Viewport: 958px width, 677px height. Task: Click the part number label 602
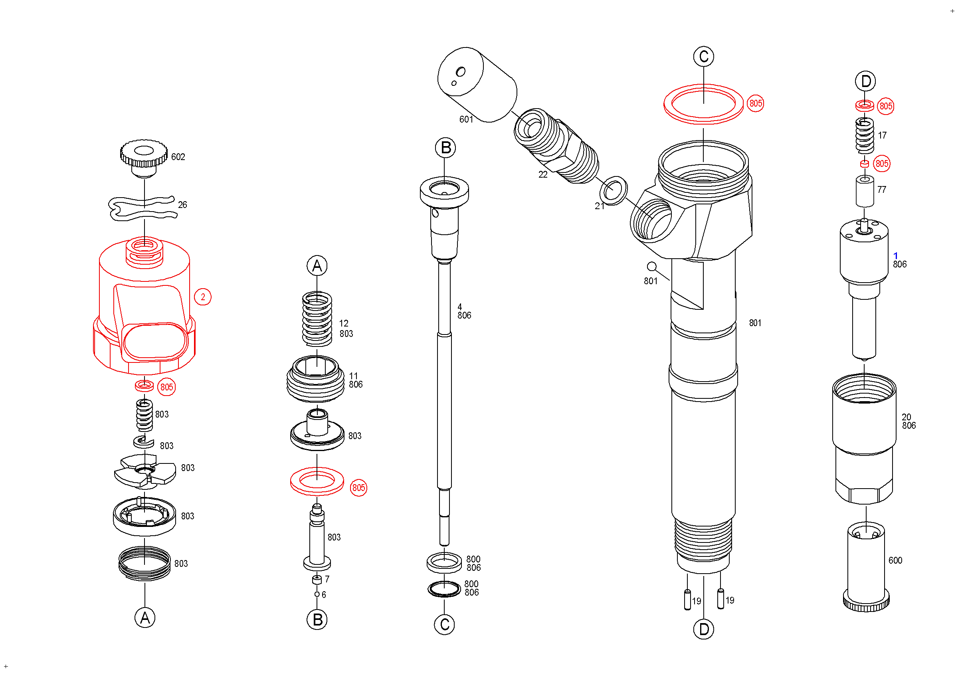(178, 157)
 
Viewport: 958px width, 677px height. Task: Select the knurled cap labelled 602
(144, 156)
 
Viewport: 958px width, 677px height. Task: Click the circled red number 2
(203, 297)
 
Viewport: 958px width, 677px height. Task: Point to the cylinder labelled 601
(477, 85)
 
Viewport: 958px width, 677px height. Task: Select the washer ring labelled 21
(613, 191)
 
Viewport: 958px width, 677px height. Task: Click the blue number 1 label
(895, 255)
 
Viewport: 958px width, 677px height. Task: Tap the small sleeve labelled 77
(865, 192)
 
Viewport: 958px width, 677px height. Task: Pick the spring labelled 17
(865, 135)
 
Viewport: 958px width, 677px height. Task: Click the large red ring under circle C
(703, 104)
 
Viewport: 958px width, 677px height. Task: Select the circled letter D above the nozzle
(865, 81)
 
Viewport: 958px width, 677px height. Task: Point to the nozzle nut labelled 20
(864, 438)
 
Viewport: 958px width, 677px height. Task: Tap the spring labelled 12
(317, 319)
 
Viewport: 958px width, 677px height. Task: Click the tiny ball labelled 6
(317, 594)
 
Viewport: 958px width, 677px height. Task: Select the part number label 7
(327, 579)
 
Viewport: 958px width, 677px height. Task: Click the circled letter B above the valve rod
(445, 148)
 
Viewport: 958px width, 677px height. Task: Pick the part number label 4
(459, 307)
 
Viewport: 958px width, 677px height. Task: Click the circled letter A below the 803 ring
(145, 618)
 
